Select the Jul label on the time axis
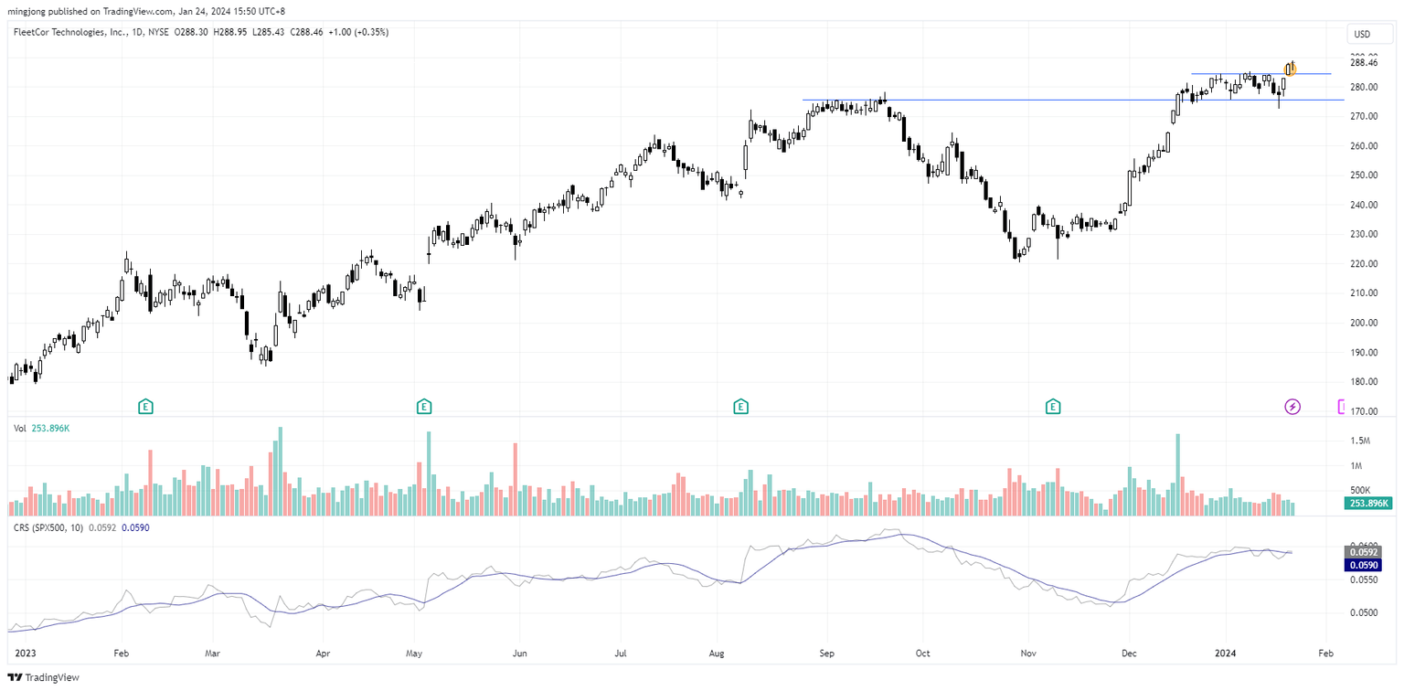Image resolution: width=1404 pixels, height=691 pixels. [x=620, y=654]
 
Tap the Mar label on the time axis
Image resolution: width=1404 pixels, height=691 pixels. [x=213, y=654]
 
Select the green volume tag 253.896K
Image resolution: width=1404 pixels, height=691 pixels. [x=1368, y=504]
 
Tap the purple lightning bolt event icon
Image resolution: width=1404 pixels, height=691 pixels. [x=1292, y=407]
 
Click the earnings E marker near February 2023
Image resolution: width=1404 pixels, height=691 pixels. [x=144, y=407]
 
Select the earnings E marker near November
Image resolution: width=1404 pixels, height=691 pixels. [x=1053, y=407]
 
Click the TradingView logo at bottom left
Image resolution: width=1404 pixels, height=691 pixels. [x=45, y=677]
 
